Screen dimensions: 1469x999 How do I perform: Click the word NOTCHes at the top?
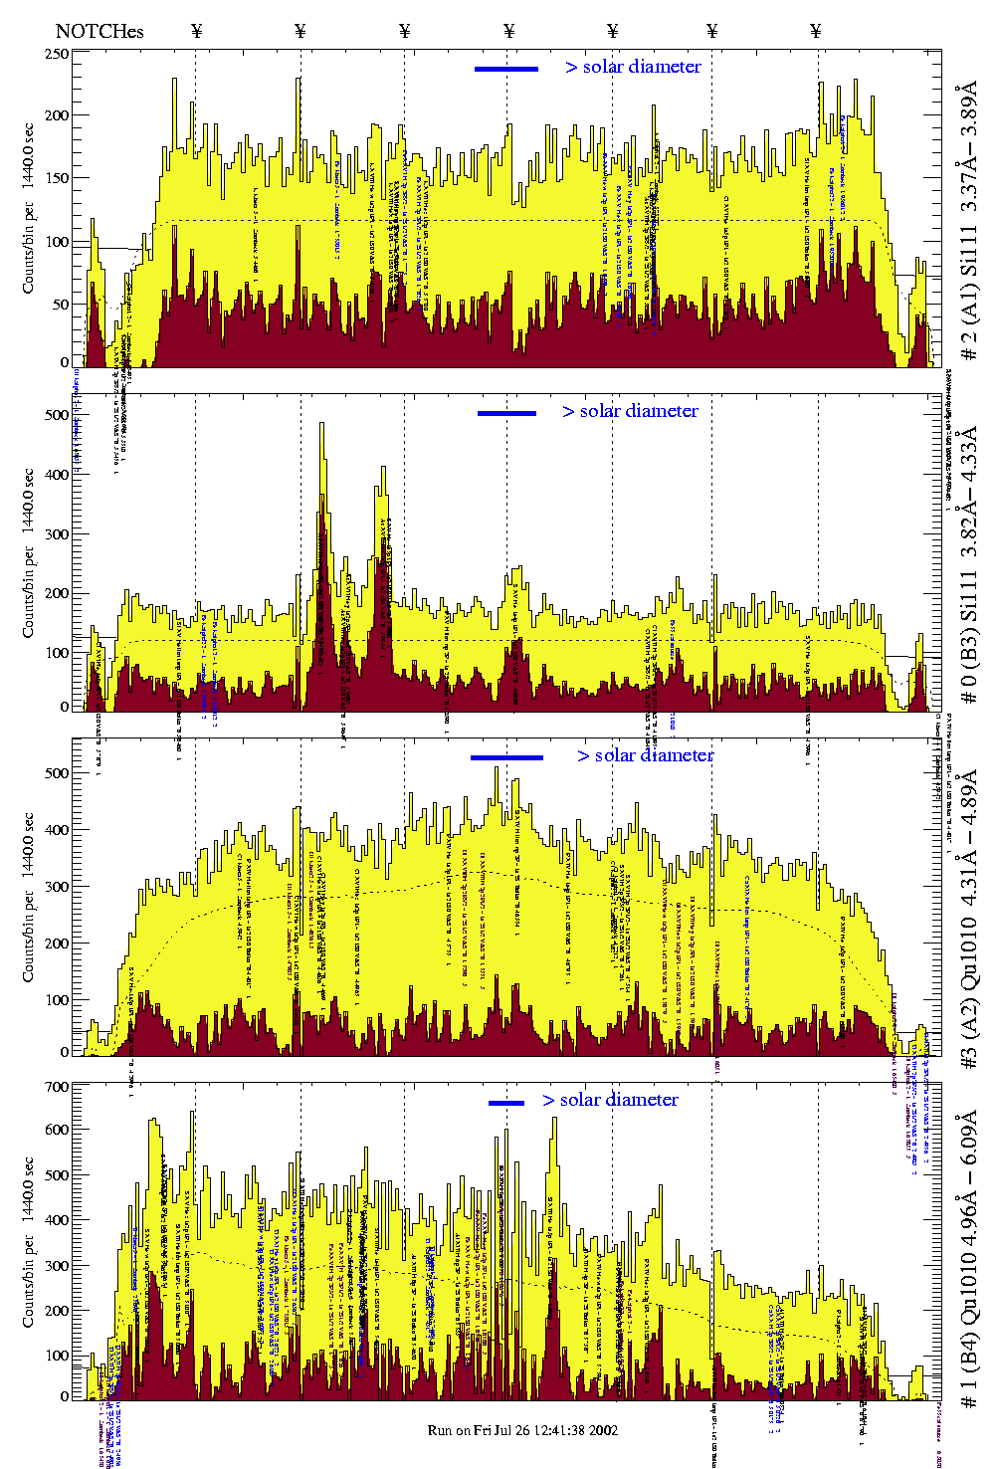100,31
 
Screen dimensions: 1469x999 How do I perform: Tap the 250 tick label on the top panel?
56,54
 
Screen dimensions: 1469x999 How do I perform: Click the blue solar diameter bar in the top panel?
506,69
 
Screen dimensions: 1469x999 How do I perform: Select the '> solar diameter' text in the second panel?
630,411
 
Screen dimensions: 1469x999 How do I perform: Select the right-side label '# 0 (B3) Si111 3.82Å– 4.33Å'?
968,564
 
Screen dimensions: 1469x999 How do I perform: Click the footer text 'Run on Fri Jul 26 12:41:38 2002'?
522,1430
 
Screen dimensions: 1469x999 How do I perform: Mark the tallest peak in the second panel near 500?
321,425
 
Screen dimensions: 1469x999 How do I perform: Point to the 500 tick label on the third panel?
56,773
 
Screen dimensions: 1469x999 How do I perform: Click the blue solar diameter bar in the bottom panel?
506,1103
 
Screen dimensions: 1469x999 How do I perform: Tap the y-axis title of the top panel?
29,208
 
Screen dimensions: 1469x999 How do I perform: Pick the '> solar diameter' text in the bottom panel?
610,1100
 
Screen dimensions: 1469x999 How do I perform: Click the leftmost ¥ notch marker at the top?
196,31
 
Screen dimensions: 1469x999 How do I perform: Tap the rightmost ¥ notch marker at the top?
816,31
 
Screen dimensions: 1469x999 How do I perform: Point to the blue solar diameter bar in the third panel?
506,757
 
